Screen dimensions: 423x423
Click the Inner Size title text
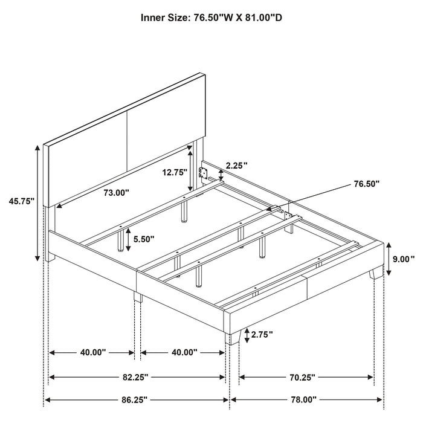(211, 18)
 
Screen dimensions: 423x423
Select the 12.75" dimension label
(175, 172)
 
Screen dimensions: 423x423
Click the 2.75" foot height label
(262, 334)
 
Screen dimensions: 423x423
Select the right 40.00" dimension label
(184, 352)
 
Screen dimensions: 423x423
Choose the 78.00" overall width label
(306, 399)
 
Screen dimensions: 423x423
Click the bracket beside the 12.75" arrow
(205, 174)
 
